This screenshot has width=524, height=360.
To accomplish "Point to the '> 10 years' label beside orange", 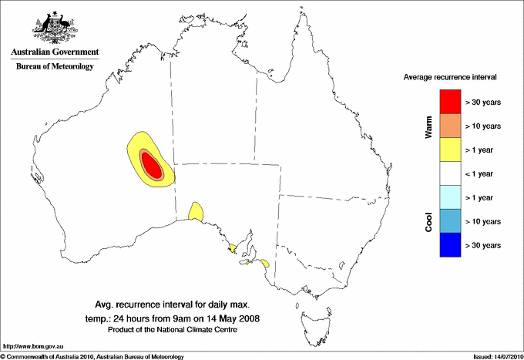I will (x=483, y=126).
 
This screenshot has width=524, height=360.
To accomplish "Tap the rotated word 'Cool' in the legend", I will (x=428, y=221).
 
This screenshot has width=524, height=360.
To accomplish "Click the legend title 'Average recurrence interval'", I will (x=450, y=78).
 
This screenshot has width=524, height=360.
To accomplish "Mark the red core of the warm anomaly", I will (x=152, y=165).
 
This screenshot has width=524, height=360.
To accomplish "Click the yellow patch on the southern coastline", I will (x=196, y=210).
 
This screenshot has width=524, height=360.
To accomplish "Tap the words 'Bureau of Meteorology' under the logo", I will (x=54, y=66).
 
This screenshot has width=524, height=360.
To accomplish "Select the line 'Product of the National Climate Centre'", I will (x=171, y=330).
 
